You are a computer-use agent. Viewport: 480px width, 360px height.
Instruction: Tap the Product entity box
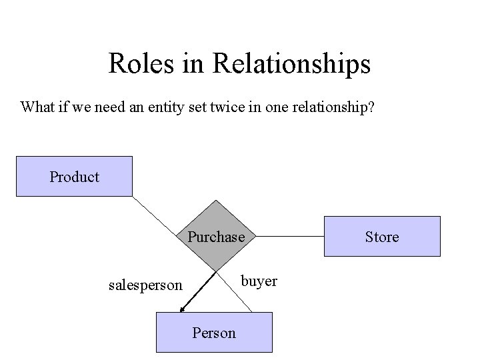tap(74, 177)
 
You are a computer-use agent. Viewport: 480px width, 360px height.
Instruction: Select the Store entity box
tap(382, 237)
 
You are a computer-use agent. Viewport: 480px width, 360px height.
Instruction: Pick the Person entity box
tap(214, 332)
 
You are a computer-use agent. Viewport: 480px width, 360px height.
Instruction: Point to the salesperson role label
tap(145, 285)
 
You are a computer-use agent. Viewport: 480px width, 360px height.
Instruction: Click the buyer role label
tap(259, 281)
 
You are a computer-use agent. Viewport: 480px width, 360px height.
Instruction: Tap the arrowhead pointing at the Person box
tap(182, 309)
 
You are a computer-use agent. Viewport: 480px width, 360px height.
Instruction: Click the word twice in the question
tap(237, 107)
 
